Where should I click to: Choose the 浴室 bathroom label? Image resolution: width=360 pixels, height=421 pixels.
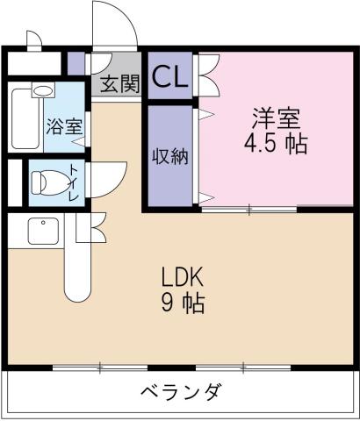64,125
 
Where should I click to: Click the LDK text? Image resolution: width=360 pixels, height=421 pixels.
183,278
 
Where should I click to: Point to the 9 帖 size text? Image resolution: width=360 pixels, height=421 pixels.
183,304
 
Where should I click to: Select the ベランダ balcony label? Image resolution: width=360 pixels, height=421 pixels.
180,392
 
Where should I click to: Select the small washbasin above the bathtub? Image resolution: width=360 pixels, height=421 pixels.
41,89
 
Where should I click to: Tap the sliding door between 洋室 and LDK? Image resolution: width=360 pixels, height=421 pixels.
250,209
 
